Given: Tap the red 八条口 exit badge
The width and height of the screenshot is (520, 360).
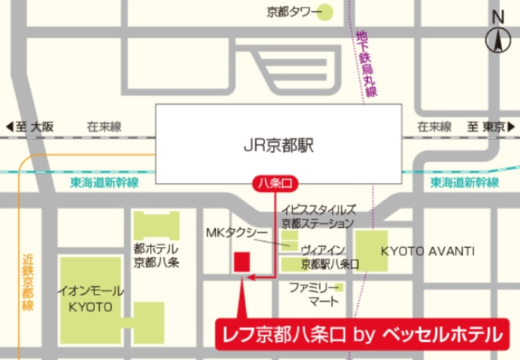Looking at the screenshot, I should pos(276,185).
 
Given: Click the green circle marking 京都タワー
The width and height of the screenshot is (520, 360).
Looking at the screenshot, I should pos(324,12).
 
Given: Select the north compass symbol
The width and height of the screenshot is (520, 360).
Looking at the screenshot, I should pos(499,38).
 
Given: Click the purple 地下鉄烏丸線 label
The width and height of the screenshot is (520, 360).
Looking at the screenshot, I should pos(367,64).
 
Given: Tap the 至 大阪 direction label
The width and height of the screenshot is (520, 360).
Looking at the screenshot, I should pos(30,127).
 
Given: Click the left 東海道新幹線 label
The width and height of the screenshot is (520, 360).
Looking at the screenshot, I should pos(105,183).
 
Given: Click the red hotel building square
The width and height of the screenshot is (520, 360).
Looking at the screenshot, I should pos(242,262).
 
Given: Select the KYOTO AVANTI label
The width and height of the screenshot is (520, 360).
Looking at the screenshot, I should pos(428,251).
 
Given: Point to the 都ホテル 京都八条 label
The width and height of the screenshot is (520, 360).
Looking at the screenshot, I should pos(156,255).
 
